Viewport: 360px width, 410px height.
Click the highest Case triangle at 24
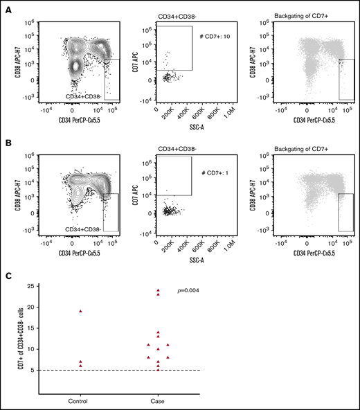tap(158, 290)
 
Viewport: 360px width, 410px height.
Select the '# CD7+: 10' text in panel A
tap(213, 35)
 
